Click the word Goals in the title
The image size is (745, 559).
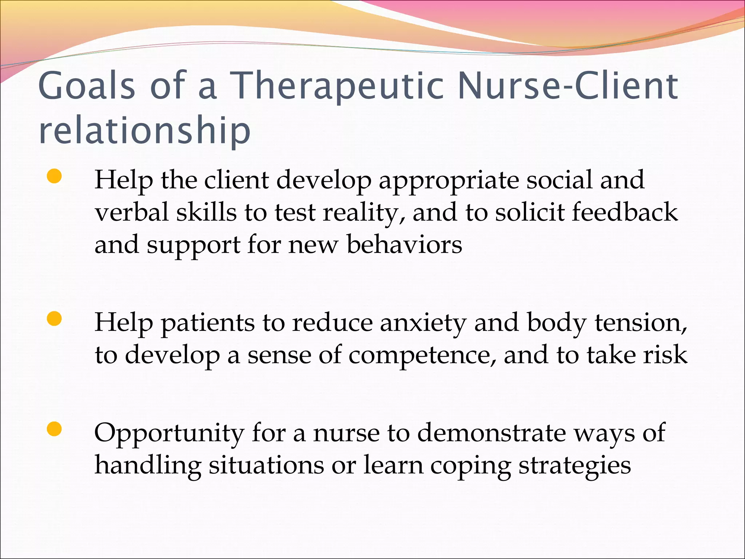pos(87,86)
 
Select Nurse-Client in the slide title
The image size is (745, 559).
pos(568,86)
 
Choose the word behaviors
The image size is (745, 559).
pos(404,245)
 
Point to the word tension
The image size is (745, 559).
pos(641,323)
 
